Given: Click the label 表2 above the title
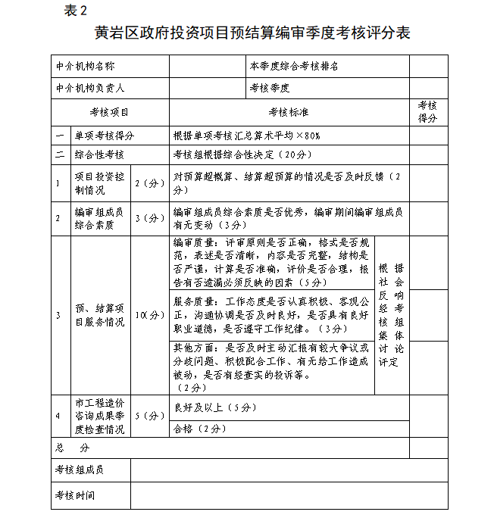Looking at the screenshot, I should click(x=77, y=11).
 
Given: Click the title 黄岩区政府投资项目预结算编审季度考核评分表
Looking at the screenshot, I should click(x=252, y=33).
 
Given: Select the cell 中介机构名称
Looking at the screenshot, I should click(x=84, y=67).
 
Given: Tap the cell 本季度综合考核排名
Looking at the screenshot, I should click(x=294, y=67).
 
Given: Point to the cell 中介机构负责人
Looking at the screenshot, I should click(x=89, y=89).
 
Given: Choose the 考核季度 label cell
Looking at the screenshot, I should click(x=270, y=89).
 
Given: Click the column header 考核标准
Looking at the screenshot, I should click(x=288, y=112).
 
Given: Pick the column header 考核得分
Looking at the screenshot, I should click(x=427, y=112).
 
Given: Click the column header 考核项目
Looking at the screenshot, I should click(x=110, y=112).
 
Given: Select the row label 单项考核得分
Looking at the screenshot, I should click(x=104, y=136).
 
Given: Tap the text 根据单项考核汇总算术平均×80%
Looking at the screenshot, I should click(x=247, y=136).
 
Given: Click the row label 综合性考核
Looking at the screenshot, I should click(x=99, y=154).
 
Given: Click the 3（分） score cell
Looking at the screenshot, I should click(x=149, y=219).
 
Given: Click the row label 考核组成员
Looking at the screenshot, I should click(x=79, y=470).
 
